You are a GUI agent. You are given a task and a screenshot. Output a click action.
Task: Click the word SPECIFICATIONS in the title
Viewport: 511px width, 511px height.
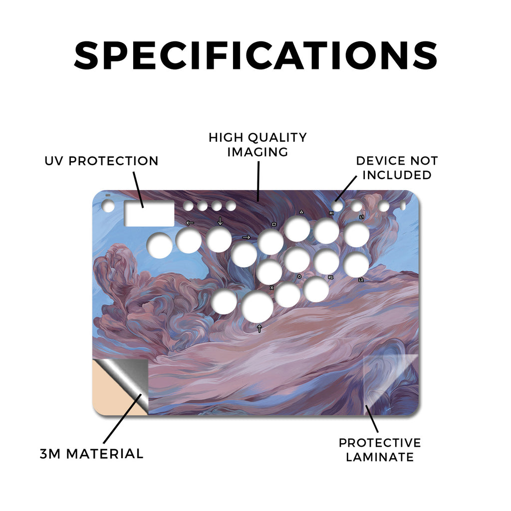(x=255, y=55)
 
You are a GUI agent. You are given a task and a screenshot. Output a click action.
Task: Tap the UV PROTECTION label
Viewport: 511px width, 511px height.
(x=101, y=161)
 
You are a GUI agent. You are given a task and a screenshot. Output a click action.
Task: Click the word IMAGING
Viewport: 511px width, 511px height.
(x=258, y=152)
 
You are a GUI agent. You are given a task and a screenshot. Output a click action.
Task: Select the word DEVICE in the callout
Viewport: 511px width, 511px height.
(x=380, y=161)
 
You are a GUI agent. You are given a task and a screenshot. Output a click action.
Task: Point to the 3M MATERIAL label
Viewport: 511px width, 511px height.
(x=92, y=454)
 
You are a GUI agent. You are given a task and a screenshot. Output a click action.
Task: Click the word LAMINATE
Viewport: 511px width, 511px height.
(x=380, y=457)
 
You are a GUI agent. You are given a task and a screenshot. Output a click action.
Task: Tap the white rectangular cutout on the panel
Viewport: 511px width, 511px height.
(x=149, y=214)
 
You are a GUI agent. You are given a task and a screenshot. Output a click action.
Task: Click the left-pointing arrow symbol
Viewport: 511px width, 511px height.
(x=190, y=223)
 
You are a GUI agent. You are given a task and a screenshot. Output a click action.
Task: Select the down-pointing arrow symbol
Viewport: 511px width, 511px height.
(x=220, y=221)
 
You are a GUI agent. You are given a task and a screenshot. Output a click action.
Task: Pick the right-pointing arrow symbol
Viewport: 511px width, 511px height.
(x=246, y=237)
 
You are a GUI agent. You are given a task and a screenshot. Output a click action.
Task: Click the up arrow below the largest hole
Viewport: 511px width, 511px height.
(x=259, y=328)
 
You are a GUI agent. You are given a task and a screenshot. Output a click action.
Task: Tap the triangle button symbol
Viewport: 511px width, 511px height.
(x=301, y=212)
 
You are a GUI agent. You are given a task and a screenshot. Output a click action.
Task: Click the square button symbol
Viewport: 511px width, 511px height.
(x=274, y=225)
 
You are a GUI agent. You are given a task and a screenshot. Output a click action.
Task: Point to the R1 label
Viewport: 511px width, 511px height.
(x=331, y=213)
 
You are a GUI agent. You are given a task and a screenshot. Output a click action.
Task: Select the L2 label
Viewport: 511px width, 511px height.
(x=361, y=280)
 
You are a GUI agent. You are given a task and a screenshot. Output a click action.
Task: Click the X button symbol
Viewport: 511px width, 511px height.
(x=272, y=288)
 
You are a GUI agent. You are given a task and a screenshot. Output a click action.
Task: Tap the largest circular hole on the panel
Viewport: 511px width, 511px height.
(x=257, y=307)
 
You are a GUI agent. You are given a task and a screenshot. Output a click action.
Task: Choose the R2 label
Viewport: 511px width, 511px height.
(x=331, y=277)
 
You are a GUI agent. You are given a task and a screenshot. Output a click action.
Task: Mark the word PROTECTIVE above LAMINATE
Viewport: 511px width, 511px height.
(x=380, y=443)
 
